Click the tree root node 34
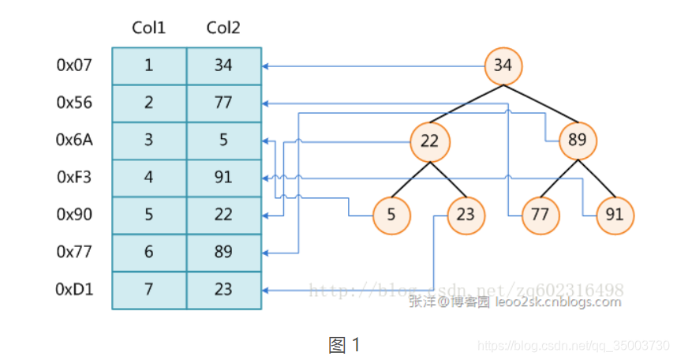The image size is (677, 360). pyautogui.click(x=503, y=65)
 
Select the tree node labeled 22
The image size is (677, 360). pyautogui.click(x=429, y=141)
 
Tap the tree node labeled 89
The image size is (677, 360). pyautogui.click(x=578, y=141)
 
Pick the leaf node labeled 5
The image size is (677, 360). pyautogui.click(x=392, y=214)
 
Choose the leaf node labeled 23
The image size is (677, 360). pyautogui.click(x=466, y=214)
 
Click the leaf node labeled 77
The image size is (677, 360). pyautogui.click(x=540, y=214)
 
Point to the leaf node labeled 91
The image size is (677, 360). pyautogui.click(x=615, y=214)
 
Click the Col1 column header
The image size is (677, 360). pyautogui.click(x=149, y=28)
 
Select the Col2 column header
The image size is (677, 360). pyautogui.click(x=223, y=28)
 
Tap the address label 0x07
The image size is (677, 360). pyautogui.click(x=75, y=65)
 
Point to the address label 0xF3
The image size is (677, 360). pyautogui.click(x=75, y=177)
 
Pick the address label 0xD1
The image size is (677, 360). pyautogui.click(x=75, y=290)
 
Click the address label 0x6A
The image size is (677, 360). pyautogui.click(x=75, y=140)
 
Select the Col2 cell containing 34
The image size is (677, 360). pyautogui.click(x=223, y=65)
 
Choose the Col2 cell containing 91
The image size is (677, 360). pyautogui.click(x=223, y=177)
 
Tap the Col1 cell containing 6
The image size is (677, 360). pyautogui.click(x=149, y=252)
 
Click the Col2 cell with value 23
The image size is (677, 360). pyautogui.click(x=223, y=290)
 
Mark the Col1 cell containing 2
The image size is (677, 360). pyautogui.click(x=149, y=103)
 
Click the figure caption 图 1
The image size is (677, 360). pyautogui.click(x=344, y=345)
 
